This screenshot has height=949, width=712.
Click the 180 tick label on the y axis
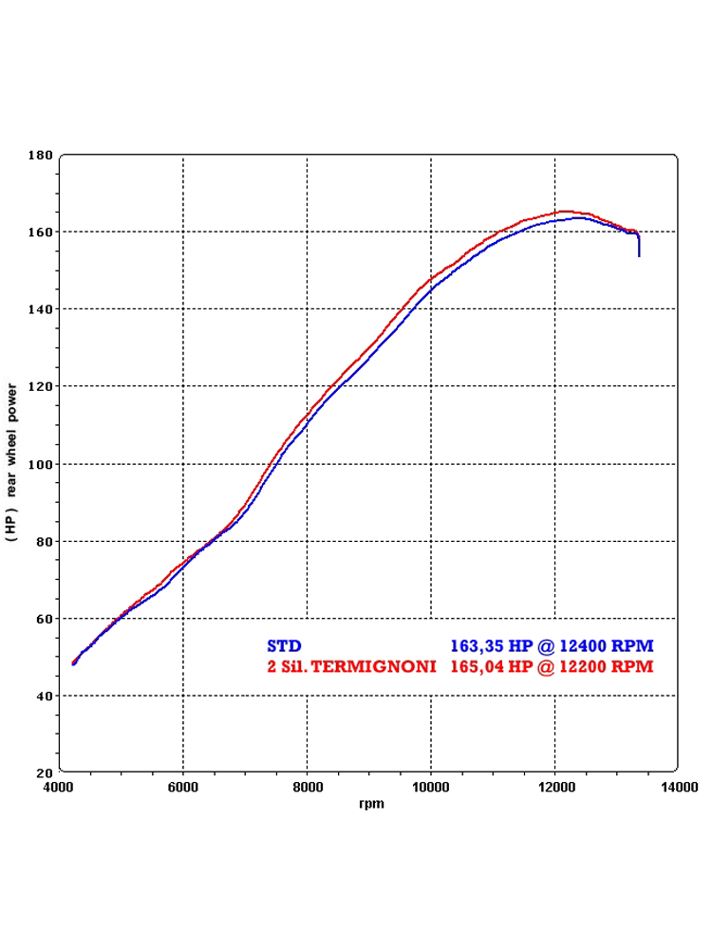41,155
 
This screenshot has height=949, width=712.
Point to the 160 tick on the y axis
41,232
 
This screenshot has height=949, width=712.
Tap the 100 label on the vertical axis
41,464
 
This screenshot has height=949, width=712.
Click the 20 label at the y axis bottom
44,772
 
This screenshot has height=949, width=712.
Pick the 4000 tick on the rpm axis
59,787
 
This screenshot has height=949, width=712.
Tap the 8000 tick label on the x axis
307,787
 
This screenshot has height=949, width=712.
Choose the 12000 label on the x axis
555,787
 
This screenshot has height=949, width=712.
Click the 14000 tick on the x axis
679,787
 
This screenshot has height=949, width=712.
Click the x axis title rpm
371,804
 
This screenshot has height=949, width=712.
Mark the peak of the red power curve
566,211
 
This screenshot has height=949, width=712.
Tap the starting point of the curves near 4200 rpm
73,663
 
